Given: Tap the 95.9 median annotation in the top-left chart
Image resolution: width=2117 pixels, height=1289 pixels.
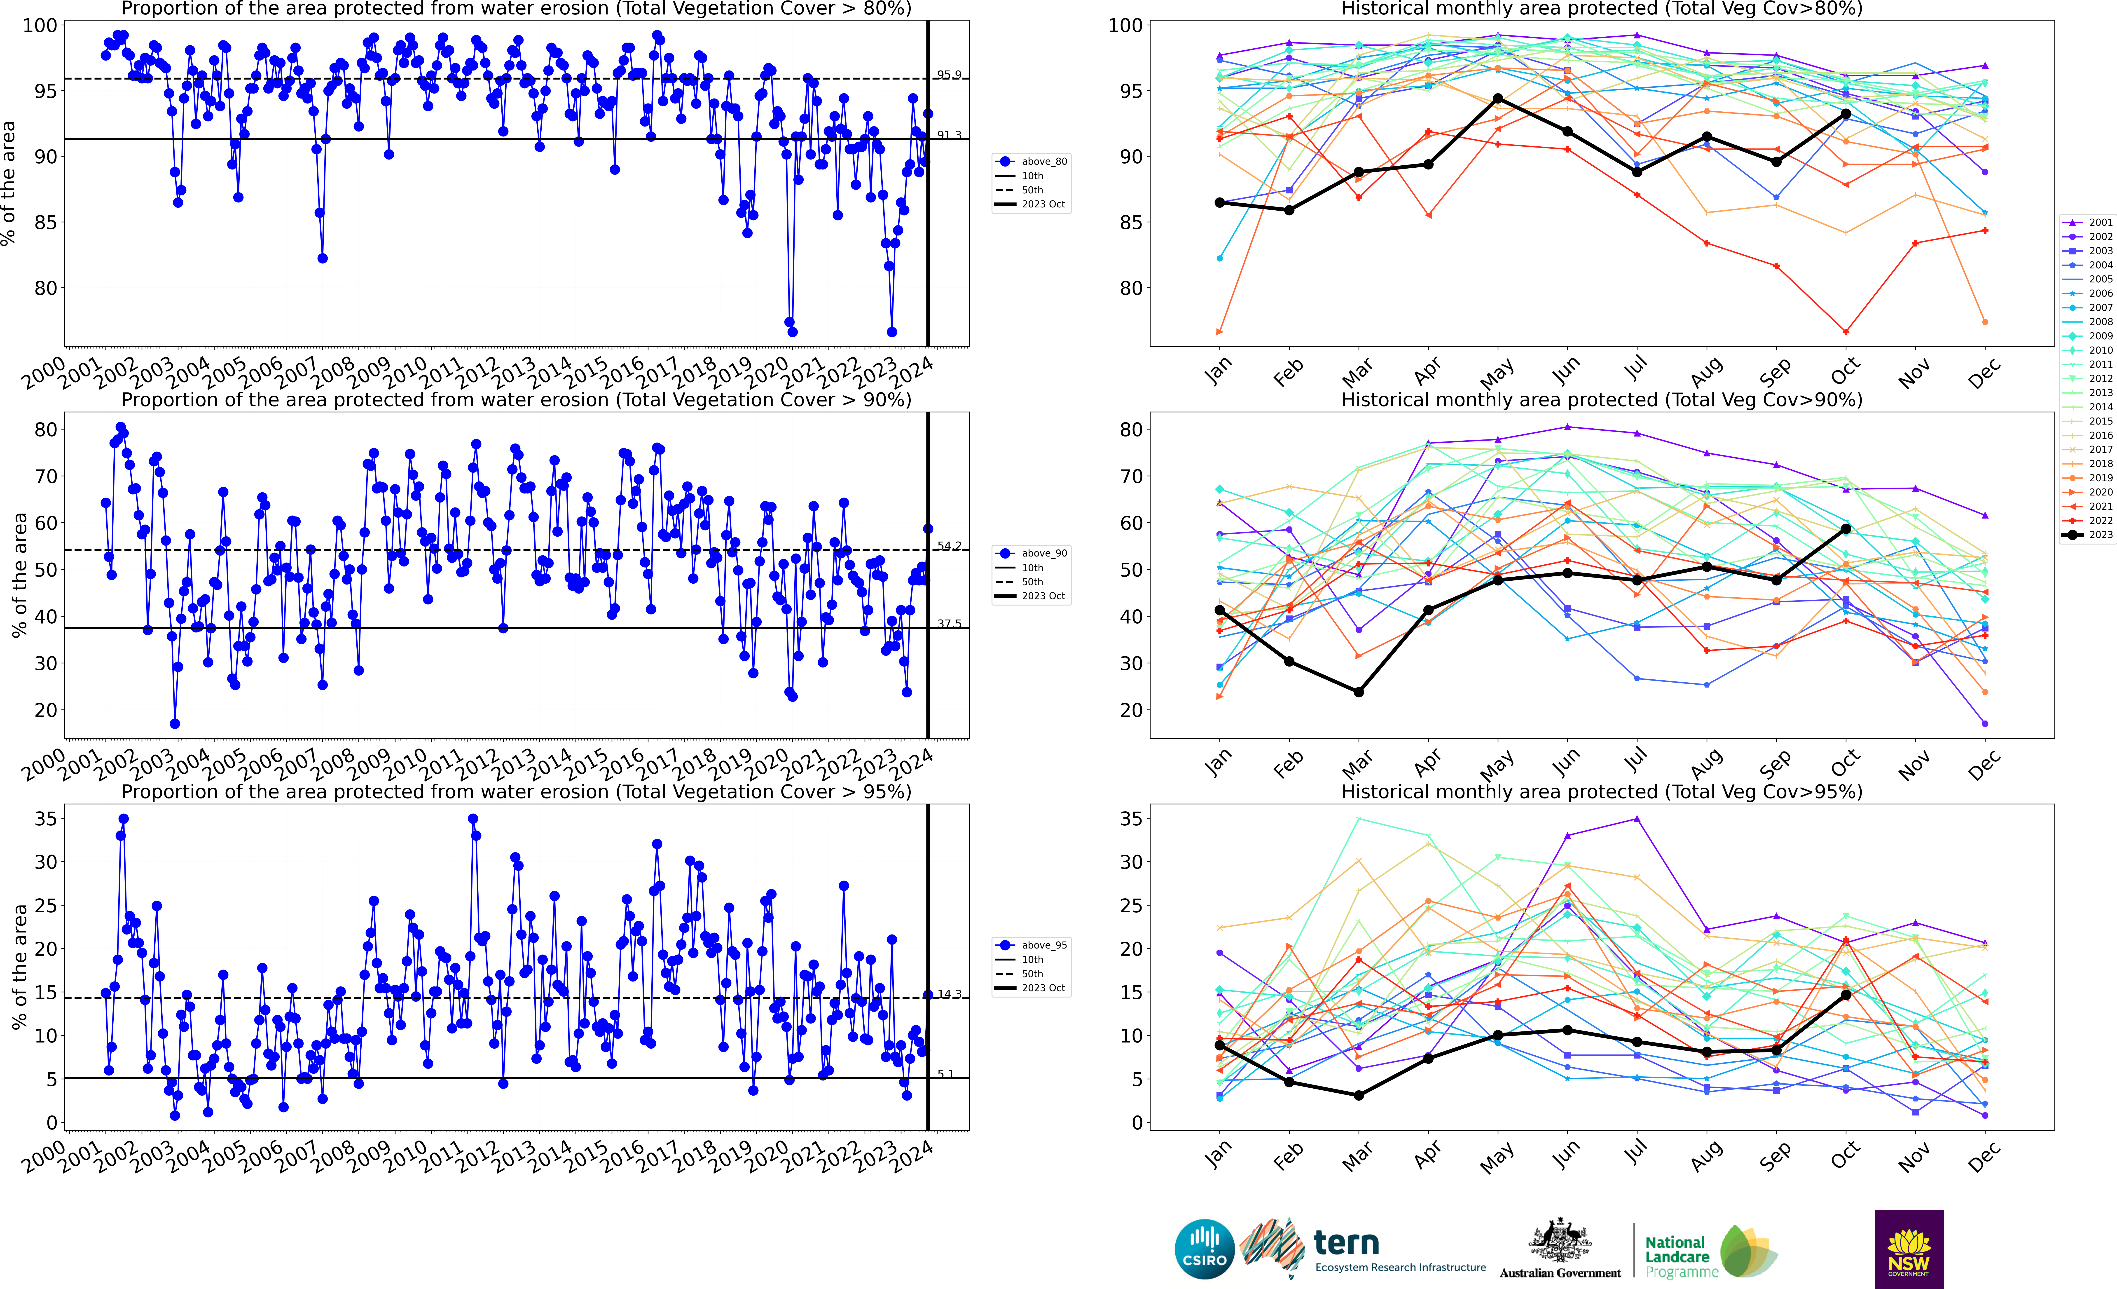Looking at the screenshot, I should pos(949,75).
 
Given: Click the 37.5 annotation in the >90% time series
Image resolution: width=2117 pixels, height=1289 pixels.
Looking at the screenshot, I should pos(949,624).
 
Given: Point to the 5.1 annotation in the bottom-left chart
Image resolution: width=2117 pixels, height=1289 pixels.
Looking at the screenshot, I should pos(945,1074).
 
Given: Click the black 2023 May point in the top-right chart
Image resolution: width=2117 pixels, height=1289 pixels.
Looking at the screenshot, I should pos(1497,99).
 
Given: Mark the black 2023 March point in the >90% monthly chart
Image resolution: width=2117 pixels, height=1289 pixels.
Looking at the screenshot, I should pos(1358,692).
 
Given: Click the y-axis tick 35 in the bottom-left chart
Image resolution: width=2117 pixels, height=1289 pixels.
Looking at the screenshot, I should pos(46,819).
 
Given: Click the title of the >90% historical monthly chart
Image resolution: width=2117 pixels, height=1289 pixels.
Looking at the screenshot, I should pos(1602,400).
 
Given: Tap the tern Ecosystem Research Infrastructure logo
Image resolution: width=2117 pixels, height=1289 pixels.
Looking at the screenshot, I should pos(1366,1250).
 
